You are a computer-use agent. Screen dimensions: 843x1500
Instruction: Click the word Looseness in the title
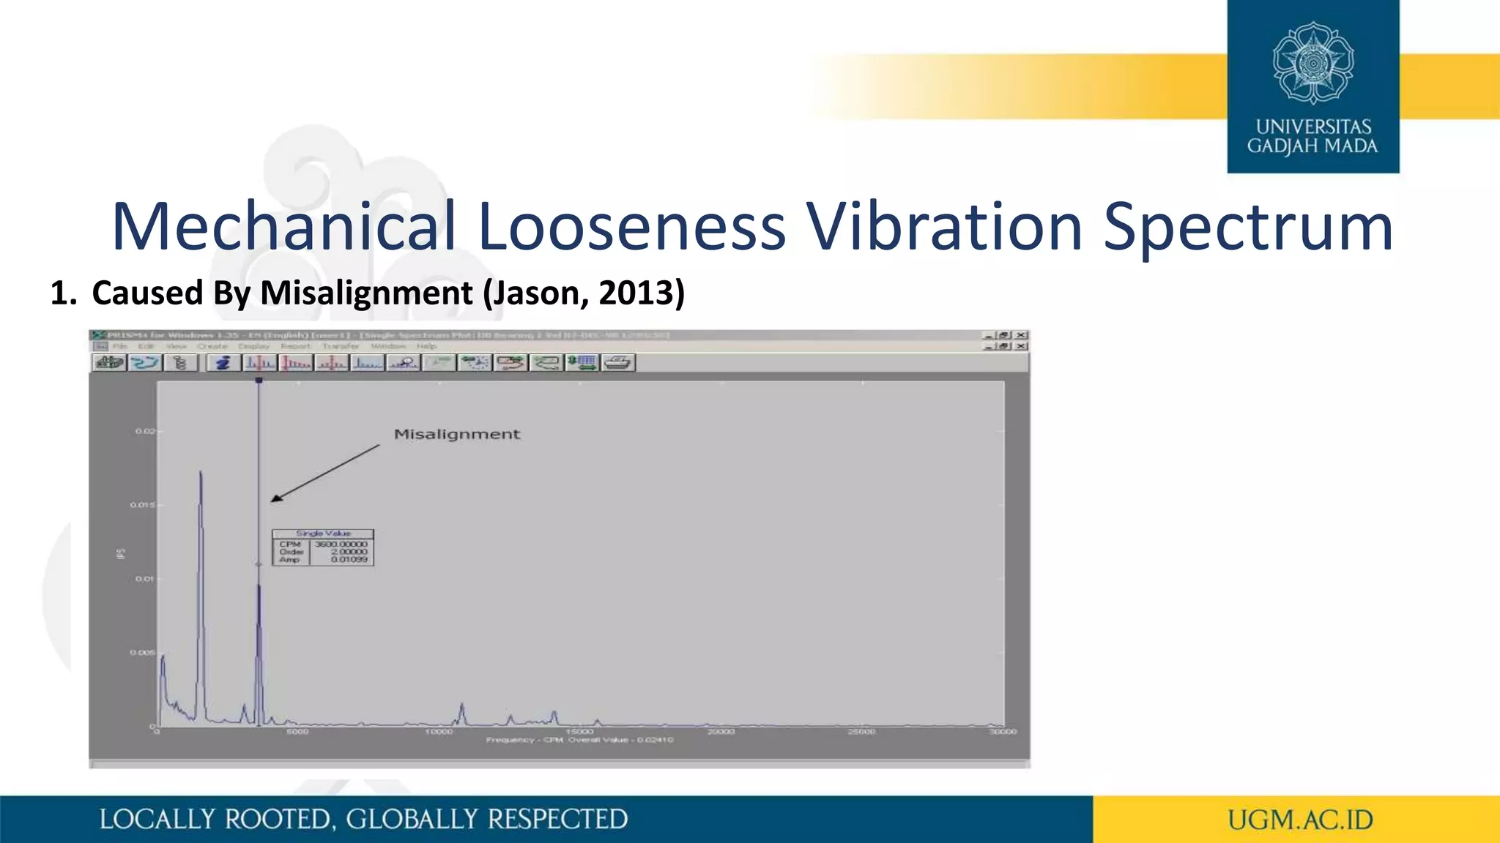click(x=632, y=226)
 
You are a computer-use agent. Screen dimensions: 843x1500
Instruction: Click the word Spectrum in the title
click(x=1247, y=226)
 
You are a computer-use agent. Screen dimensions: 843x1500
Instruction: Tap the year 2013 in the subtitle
click(x=636, y=293)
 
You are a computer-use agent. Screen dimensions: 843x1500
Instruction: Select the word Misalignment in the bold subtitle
click(x=366, y=293)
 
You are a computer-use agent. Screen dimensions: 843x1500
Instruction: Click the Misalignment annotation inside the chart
click(x=457, y=434)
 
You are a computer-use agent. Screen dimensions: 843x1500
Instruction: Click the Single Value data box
click(x=323, y=548)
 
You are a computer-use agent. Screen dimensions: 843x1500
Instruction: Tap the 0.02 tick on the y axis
click(x=145, y=431)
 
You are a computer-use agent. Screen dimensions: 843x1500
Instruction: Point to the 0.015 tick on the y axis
click(x=143, y=505)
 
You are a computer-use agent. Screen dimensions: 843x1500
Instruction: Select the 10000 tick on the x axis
click(x=439, y=731)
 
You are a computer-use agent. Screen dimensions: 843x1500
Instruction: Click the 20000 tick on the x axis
click(x=721, y=731)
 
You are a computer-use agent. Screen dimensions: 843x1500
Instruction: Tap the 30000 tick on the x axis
click(x=1003, y=731)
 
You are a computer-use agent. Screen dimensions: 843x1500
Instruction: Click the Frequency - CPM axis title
click(x=524, y=740)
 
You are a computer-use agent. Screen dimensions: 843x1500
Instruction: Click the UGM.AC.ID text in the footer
click(x=1300, y=820)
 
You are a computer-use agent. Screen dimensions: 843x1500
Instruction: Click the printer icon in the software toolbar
click(x=618, y=362)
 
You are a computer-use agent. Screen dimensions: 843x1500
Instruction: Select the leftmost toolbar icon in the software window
click(x=109, y=362)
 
